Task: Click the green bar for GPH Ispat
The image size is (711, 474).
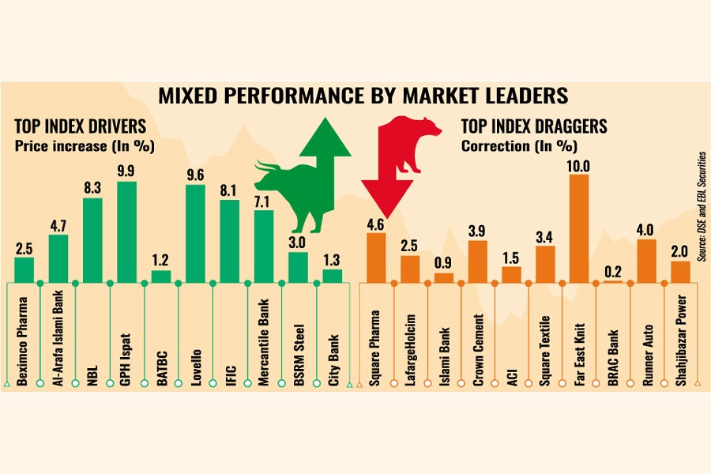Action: [126, 232]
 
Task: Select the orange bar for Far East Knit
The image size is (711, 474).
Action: [579, 228]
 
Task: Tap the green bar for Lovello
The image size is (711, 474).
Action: [195, 234]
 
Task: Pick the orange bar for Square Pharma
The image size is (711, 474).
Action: [376, 258]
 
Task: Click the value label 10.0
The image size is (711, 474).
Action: [579, 164]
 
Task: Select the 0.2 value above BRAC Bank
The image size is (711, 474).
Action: [612, 271]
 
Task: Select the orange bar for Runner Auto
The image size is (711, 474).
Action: [646, 261]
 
